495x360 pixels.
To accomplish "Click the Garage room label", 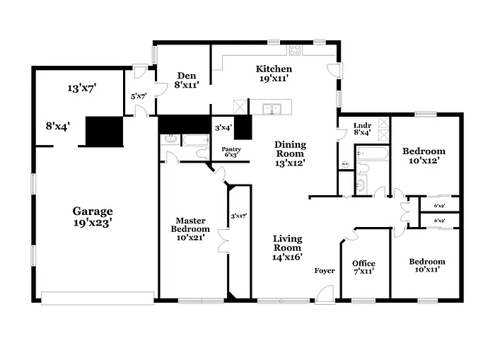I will pyautogui.click(x=93, y=216).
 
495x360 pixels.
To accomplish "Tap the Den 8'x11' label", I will pyautogui.click(x=187, y=80).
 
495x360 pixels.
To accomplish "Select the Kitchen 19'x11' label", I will pyautogui.click(x=274, y=74).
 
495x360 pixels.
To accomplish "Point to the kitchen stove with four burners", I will pyautogui.click(x=294, y=50).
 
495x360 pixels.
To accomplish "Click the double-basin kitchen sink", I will pyautogui.click(x=272, y=109).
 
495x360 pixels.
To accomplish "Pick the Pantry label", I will pyautogui.click(x=231, y=151).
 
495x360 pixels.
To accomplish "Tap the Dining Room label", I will pyautogui.click(x=290, y=153).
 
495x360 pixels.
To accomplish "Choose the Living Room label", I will pyautogui.click(x=288, y=248).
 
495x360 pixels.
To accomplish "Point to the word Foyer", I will pyautogui.click(x=325, y=271).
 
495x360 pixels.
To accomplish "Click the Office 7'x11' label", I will pyautogui.click(x=363, y=267).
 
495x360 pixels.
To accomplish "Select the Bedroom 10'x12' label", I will pyautogui.click(x=424, y=156).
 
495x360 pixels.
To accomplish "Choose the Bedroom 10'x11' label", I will pyautogui.click(x=427, y=265).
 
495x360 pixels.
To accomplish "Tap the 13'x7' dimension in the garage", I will pyautogui.click(x=82, y=88).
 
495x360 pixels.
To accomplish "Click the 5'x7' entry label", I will pyautogui.click(x=138, y=96).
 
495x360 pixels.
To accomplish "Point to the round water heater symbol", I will pyautogui.click(x=345, y=166).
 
